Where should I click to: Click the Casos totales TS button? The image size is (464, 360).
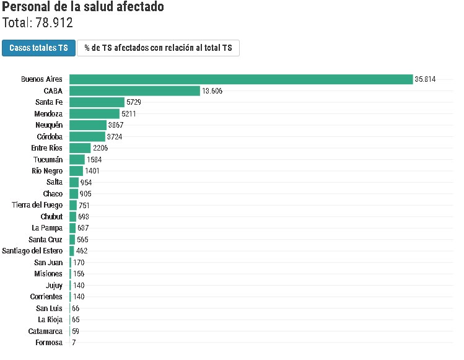(38, 48)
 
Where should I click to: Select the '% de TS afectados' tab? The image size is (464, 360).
(158, 48)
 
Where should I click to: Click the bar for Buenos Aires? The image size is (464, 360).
(241, 79)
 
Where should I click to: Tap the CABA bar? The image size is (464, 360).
(134, 91)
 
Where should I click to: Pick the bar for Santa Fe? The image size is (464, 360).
(97, 102)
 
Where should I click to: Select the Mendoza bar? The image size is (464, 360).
(94, 114)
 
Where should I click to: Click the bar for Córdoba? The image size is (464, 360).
(87, 137)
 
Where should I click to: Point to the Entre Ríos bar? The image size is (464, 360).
(80, 148)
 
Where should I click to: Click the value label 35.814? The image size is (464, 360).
(426, 79)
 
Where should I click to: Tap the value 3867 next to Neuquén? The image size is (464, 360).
(116, 125)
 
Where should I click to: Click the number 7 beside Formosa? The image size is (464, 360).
(74, 343)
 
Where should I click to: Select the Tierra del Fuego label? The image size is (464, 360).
(37, 205)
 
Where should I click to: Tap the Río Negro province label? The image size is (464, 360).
(47, 171)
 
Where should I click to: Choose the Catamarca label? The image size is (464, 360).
(45, 331)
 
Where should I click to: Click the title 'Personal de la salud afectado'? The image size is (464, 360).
(84, 7)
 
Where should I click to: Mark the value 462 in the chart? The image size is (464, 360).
(82, 251)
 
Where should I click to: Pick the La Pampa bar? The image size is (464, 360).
(72, 228)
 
